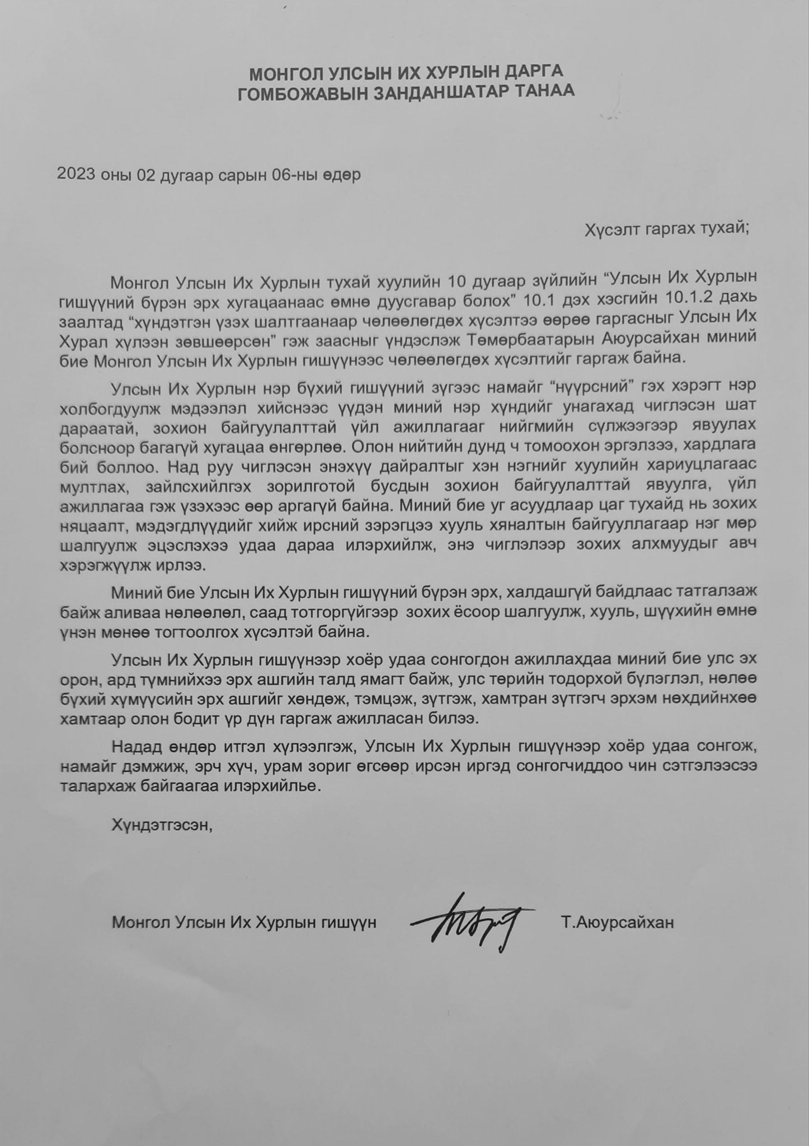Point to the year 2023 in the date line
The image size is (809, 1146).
76,175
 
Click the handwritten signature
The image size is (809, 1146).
470,922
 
